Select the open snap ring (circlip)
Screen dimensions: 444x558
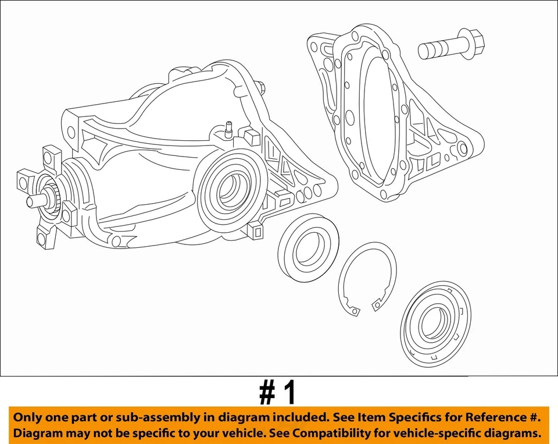pyautogui.click(x=367, y=279)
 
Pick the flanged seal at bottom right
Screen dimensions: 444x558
pyautogui.click(x=437, y=327)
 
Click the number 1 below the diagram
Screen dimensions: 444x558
pyautogui.click(x=288, y=393)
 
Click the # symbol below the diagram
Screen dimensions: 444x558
pyautogui.click(x=268, y=393)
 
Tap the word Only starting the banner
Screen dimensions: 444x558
pyautogui.click(x=30, y=417)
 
